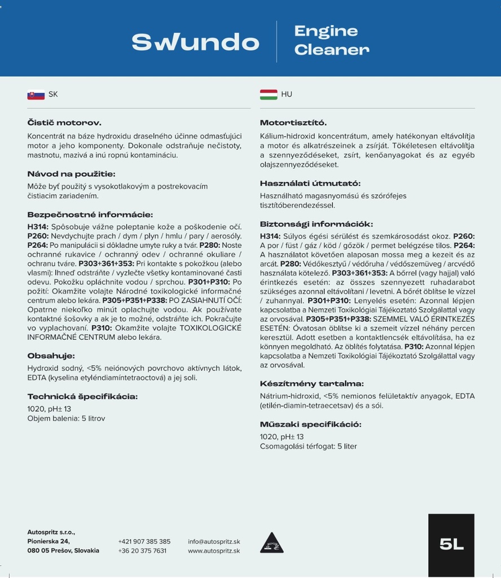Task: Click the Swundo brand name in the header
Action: click(x=195, y=42)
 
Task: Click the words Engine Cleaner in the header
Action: click(x=331, y=40)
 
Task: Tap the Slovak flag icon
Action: click(x=36, y=95)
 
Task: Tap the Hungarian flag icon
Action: click(x=268, y=94)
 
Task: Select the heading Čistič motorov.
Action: click(x=64, y=122)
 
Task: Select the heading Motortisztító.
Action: click(x=293, y=122)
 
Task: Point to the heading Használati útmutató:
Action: click(x=310, y=183)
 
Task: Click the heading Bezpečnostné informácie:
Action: click(x=90, y=214)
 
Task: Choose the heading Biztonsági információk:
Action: click(x=316, y=224)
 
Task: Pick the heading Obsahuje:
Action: click(x=51, y=356)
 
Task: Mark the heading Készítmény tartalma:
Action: click(x=311, y=383)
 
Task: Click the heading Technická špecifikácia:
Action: click(x=82, y=396)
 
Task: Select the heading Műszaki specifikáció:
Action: click(x=310, y=424)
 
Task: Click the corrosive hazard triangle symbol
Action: click(x=272, y=544)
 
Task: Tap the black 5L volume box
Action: click(x=451, y=544)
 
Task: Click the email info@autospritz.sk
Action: click(x=214, y=541)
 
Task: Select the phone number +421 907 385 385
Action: click(x=144, y=541)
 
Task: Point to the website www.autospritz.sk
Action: click(x=214, y=551)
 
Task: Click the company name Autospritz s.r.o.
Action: click(x=51, y=532)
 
